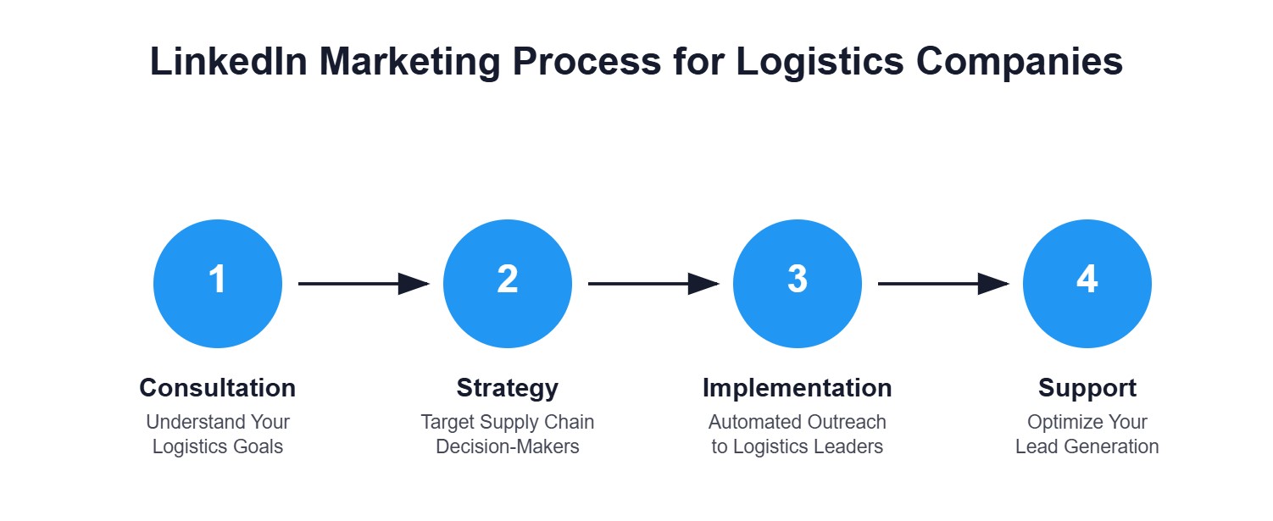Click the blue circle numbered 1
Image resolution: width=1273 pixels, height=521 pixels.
click(x=218, y=284)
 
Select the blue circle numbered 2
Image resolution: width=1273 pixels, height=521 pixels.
click(x=508, y=284)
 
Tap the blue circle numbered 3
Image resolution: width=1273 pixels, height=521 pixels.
click(x=798, y=284)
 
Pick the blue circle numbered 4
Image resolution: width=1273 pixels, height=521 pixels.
click(x=1087, y=284)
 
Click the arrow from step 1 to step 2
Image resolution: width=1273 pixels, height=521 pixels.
click(x=363, y=284)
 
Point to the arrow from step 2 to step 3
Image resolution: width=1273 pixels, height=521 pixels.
click(x=653, y=284)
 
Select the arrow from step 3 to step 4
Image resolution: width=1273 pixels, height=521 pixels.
click(x=942, y=284)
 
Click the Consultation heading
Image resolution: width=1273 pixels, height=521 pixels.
click(x=218, y=388)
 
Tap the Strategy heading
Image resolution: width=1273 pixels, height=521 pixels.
click(x=508, y=388)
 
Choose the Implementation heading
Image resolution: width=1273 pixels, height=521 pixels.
click(x=798, y=388)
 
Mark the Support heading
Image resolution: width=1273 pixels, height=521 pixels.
click(x=1087, y=388)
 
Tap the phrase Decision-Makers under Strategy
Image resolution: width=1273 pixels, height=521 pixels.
click(x=508, y=446)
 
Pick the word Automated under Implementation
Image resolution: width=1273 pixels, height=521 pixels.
click(x=749, y=422)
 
